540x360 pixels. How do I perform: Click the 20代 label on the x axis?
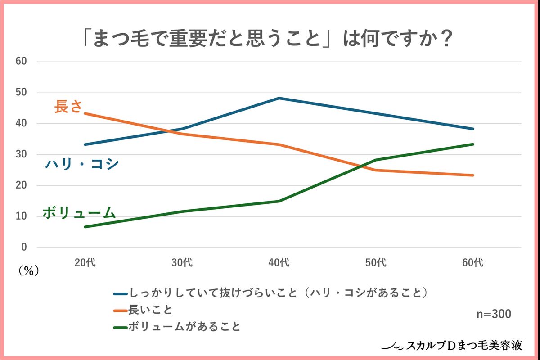(85, 263)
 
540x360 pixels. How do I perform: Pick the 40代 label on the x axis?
(279, 263)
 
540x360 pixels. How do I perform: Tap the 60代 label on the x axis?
(473, 263)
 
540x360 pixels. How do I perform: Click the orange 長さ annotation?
(68, 107)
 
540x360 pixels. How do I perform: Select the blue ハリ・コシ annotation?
(81, 164)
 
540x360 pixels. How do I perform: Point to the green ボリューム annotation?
(79, 213)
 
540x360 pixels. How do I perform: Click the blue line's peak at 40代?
(279, 98)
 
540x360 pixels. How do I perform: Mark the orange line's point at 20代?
(85, 113)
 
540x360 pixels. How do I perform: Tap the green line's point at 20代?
(85, 227)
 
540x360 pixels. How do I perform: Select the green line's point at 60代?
(473, 144)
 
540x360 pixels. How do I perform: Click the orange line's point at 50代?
(376, 170)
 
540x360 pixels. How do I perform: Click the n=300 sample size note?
(494, 314)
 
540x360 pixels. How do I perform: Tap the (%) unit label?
(29, 270)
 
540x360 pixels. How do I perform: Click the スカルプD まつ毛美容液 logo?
(452, 346)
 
